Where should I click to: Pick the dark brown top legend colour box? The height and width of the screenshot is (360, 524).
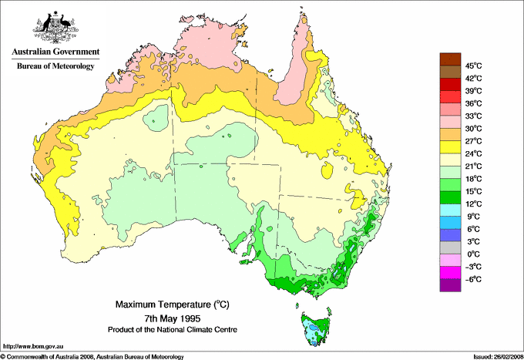pyautogui.click(x=448, y=59)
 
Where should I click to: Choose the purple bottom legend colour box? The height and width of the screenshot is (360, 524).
pyautogui.click(x=448, y=285)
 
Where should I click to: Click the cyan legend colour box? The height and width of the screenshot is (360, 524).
pyautogui.click(x=448, y=210)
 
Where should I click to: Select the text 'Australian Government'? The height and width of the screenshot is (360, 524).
pyautogui.click(x=55, y=52)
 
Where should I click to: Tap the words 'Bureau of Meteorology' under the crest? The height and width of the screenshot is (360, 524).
pyautogui.click(x=55, y=66)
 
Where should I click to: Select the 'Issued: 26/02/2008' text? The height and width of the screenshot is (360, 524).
pyautogui.click(x=492, y=356)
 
